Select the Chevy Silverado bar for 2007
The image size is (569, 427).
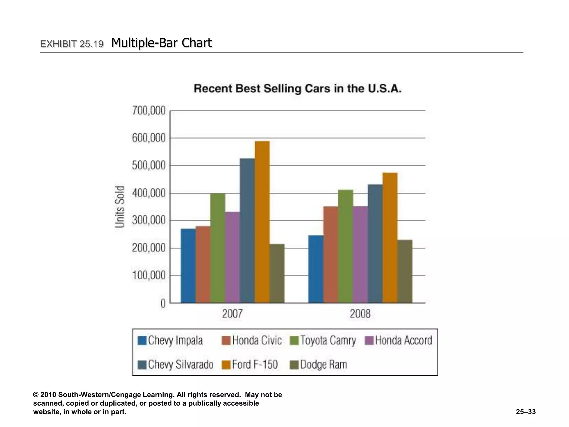pyautogui.click(x=247, y=230)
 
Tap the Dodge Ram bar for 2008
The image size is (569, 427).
pyautogui.click(x=405, y=271)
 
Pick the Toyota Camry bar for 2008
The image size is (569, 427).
pyautogui.click(x=346, y=246)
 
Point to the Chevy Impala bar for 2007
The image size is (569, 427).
pyautogui.click(x=188, y=265)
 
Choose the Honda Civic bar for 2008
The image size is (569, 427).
pyautogui.click(x=331, y=254)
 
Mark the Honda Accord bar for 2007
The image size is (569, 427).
pyautogui.click(x=233, y=257)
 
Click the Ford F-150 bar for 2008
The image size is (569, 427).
pyautogui.click(x=390, y=238)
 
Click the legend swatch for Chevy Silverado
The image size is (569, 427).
pyautogui.click(x=142, y=365)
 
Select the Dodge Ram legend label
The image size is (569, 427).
pyautogui.click(x=323, y=364)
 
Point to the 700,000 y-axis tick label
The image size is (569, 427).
pyautogui.click(x=149, y=111)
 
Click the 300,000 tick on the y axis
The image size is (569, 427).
pyautogui.click(x=149, y=220)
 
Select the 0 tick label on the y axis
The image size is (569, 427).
pyautogui.click(x=163, y=303)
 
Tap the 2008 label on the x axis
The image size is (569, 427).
pyautogui.click(x=360, y=314)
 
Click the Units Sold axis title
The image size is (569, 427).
pyautogui.click(x=120, y=207)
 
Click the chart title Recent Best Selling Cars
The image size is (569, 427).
pyautogui.click(x=297, y=89)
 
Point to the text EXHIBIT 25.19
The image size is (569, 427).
pyautogui.click(x=72, y=44)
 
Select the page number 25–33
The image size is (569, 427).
pyautogui.click(x=526, y=412)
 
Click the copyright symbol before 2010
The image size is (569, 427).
pyautogui.click(x=36, y=395)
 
